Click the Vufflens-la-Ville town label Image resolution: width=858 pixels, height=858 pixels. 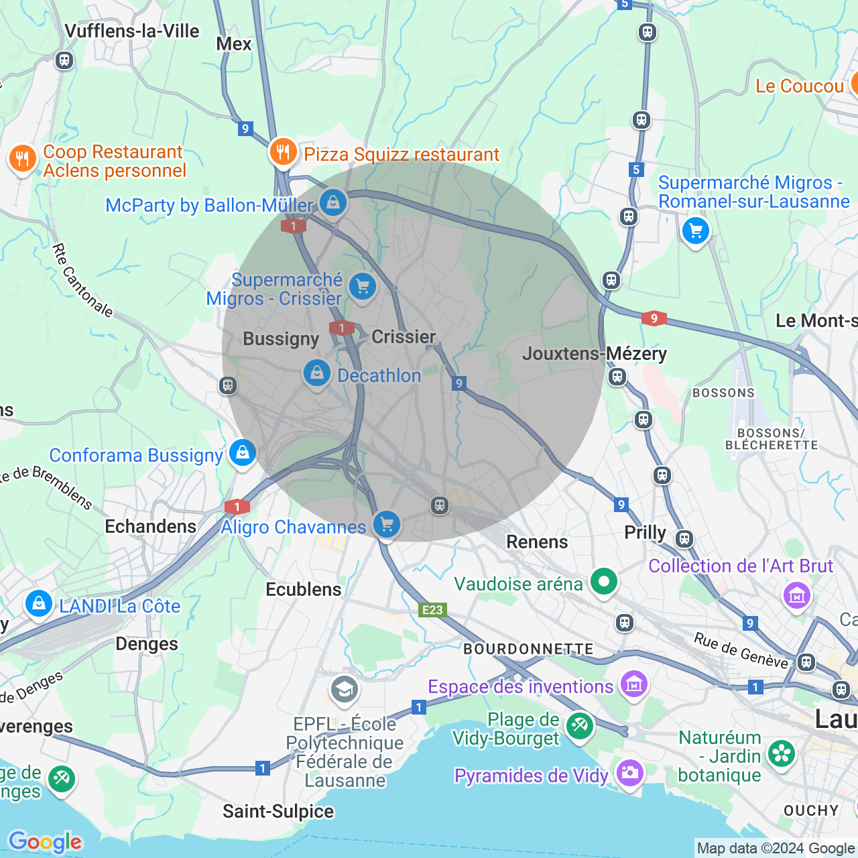[131, 32]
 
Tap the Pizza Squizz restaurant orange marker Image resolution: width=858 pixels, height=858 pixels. [283, 152]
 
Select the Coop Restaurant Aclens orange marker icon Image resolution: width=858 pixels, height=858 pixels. [22, 160]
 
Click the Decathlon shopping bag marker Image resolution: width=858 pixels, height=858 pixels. [316, 373]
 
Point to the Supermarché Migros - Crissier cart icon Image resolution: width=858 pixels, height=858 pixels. [363, 288]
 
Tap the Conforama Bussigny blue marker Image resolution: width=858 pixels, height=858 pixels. [243, 453]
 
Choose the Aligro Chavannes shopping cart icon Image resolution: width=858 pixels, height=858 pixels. [387, 524]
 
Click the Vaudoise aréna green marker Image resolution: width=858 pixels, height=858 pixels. [604, 581]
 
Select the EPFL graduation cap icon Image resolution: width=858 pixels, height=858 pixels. [345, 689]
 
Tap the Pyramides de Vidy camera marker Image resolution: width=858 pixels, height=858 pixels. [629, 773]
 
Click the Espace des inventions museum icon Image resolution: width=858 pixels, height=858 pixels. [633, 684]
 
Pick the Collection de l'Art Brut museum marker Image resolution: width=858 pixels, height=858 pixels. [796, 595]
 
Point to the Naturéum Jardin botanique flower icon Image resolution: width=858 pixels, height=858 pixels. [781, 753]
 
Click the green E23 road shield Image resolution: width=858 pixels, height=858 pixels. [432, 609]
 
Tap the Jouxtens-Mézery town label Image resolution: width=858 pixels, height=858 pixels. [594, 353]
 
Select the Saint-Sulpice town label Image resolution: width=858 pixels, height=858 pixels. [278, 812]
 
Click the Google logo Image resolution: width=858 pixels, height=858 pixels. [45, 842]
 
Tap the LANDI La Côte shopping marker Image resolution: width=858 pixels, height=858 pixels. [39, 603]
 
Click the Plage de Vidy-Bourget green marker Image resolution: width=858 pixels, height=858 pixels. [579, 725]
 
